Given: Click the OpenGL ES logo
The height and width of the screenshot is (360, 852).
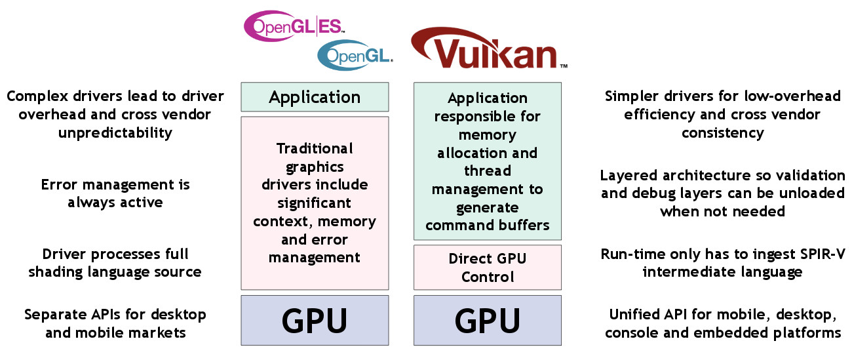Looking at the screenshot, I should [x=293, y=26].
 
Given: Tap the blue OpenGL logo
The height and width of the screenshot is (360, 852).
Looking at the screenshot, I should [x=355, y=56].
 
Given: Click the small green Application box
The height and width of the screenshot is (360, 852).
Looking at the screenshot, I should [x=315, y=97].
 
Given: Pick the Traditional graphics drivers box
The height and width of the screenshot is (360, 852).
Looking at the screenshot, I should [x=315, y=203].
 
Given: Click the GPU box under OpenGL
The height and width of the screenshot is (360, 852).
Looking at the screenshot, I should [x=315, y=320].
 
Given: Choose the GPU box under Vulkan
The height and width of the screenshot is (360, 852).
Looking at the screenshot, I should [x=487, y=320].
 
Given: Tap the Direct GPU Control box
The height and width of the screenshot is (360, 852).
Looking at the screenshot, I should [x=487, y=267].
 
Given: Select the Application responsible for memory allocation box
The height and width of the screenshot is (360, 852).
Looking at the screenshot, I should [x=487, y=161].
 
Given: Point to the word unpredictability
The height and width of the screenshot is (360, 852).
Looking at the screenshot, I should [x=115, y=133].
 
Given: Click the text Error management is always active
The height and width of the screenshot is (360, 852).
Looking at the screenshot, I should [x=115, y=193].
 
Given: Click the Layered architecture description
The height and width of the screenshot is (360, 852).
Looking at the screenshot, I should [x=722, y=193].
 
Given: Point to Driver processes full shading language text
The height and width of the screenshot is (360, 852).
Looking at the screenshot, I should [x=115, y=262].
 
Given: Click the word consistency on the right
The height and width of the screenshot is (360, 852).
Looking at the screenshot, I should [x=722, y=133].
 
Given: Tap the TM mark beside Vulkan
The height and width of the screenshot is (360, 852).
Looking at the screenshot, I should [x=563, y=66].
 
